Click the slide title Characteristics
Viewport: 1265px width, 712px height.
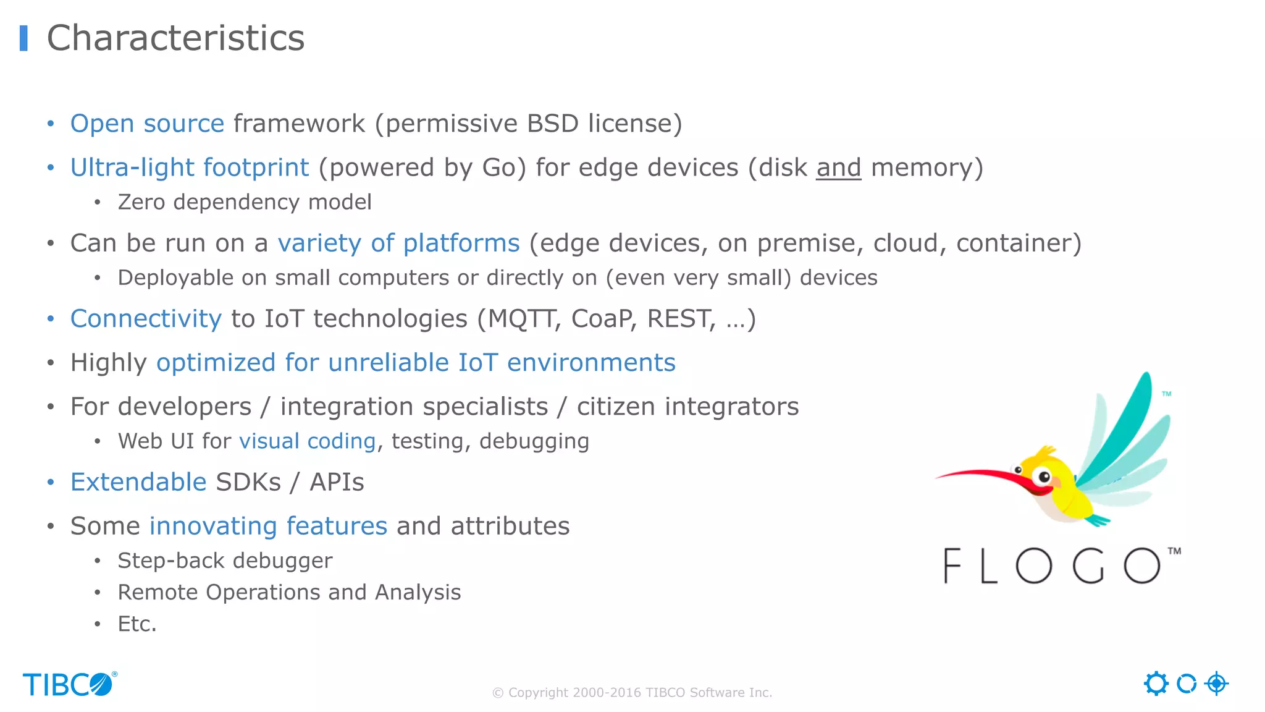click(x=175, y=38)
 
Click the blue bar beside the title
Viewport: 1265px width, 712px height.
click(x=23, y=38)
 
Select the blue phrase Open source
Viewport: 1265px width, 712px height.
click(x=147, y=124)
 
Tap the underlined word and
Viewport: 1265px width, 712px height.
click(x=838, y=168)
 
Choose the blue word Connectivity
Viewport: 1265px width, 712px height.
click(x=146, y=319)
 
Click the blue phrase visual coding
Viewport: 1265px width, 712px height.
click(x=307, y=441)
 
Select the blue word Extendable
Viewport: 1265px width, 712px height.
click(x=138, y=482)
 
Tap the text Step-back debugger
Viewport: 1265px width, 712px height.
click(x=225, y=561)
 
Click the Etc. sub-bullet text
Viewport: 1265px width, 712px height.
click(x=137, y=624)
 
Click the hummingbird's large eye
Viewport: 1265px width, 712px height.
click(x=1044, y=477)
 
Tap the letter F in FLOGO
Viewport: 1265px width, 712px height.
click(x=952, y=566)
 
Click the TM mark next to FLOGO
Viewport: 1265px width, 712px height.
click(x=1174, y=551)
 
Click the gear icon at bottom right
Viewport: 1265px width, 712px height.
click(x=1156, y=684)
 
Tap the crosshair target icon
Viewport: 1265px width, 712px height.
click(x=1216, y=684)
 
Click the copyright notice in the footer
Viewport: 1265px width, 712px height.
click(x=632, y=693)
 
